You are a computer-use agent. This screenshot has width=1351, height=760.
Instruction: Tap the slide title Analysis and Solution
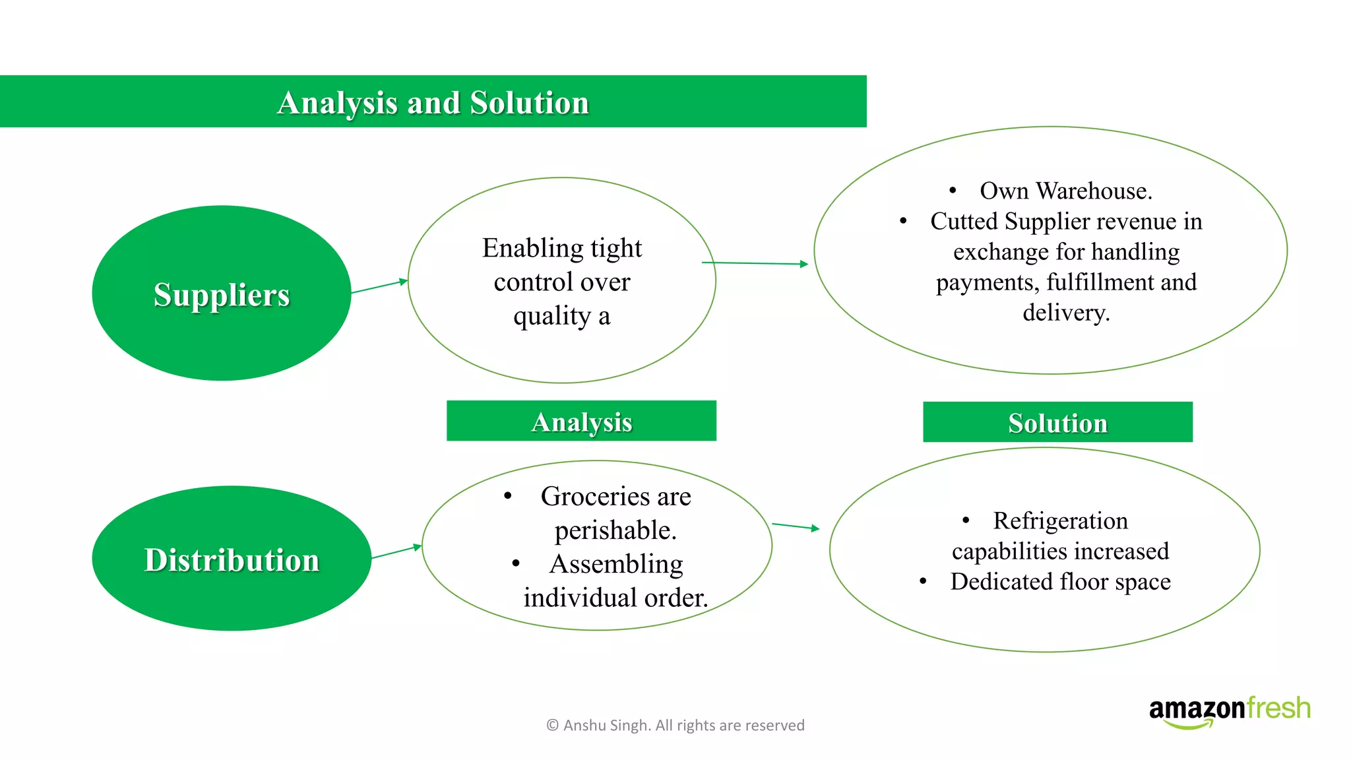pyautogui.click(x=433, y=103)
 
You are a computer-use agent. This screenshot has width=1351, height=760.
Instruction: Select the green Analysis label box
pyautogui.click(x=581, y=421)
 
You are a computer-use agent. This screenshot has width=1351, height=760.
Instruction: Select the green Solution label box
pyautogui.click(x=1057, y=422)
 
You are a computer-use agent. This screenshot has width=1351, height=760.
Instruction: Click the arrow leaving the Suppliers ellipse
pyautogui.click(x=379, y=286)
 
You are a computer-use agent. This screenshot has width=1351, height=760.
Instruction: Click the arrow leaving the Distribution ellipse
pyautogui.click(x=396, y=552)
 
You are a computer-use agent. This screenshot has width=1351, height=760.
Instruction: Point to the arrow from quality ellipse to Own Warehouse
pyautogui.click(x=755, y=263)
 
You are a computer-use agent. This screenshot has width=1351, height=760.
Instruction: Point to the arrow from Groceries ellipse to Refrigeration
pyautogui.click(x=795, y=526)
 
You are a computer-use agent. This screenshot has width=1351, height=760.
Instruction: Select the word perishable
pyautogui.click(x=615, y=530)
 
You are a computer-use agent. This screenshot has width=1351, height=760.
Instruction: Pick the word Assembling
pyautogui.click(x=616, y=564)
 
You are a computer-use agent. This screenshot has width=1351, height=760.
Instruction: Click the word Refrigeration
pyautogui.click(x=1060, y=521)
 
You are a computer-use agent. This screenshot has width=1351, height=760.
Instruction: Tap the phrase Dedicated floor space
pyautogui.click(x=1060, y=581)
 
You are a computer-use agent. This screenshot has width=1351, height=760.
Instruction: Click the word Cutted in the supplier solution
pyautogui.click(x=964, y=221)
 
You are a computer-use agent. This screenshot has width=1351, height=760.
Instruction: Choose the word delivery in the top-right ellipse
pyautogui.click(x=1065, y=312)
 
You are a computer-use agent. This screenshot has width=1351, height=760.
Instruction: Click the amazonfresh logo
pyautogui.click(x=1229, y=711)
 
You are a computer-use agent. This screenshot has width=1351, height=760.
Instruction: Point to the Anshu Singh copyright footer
pyautogui.click(x=675, y=725)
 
